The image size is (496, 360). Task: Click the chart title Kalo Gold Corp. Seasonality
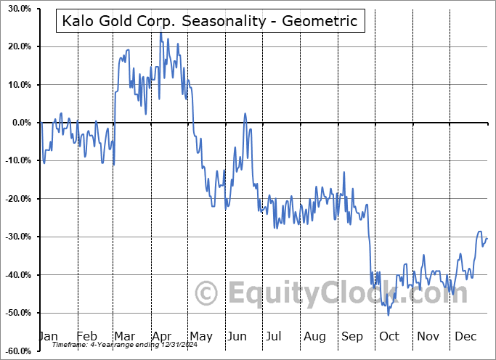[x=209, y=21]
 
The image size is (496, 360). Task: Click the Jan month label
[x=47, y=336]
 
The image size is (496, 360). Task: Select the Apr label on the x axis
[x=161, y=336]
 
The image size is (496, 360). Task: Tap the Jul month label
[x=275, y=336]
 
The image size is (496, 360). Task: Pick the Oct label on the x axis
[x=389, y=336]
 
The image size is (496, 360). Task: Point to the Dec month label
[x=465, y=336]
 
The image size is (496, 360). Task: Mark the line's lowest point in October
[x=389, y=315]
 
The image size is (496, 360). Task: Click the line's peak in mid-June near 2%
[x=245, y=113]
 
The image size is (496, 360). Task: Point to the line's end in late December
[x=487, y=238]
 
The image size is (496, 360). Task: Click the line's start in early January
[x=41, y=123]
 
